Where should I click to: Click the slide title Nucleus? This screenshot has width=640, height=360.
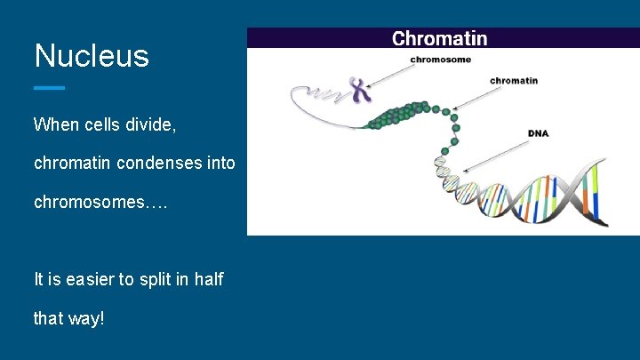pyautogui.click(x=92, y=56)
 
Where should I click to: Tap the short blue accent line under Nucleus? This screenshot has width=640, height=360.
pyautogui.click(x=49, y=88)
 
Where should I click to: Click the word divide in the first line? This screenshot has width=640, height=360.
pyautogui.click(x=152, y=124)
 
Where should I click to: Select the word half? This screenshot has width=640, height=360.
pyautogui.click(x=209, y=279)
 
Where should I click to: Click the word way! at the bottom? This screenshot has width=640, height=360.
pyautogui.click(x=86, y=317)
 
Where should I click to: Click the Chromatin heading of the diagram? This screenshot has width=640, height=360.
pyautogui.click(x=439, y=38)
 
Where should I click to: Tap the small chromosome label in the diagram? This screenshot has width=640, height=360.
pyautogui.click(x=440, y=60)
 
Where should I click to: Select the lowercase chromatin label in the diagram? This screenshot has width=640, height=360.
pyautogui.click(x=513, y=81)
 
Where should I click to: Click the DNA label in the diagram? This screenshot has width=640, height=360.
pyautogui.click(x=538, y=133)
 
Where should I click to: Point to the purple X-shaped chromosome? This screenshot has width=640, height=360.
pyautogui.click(x=358, y=89)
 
